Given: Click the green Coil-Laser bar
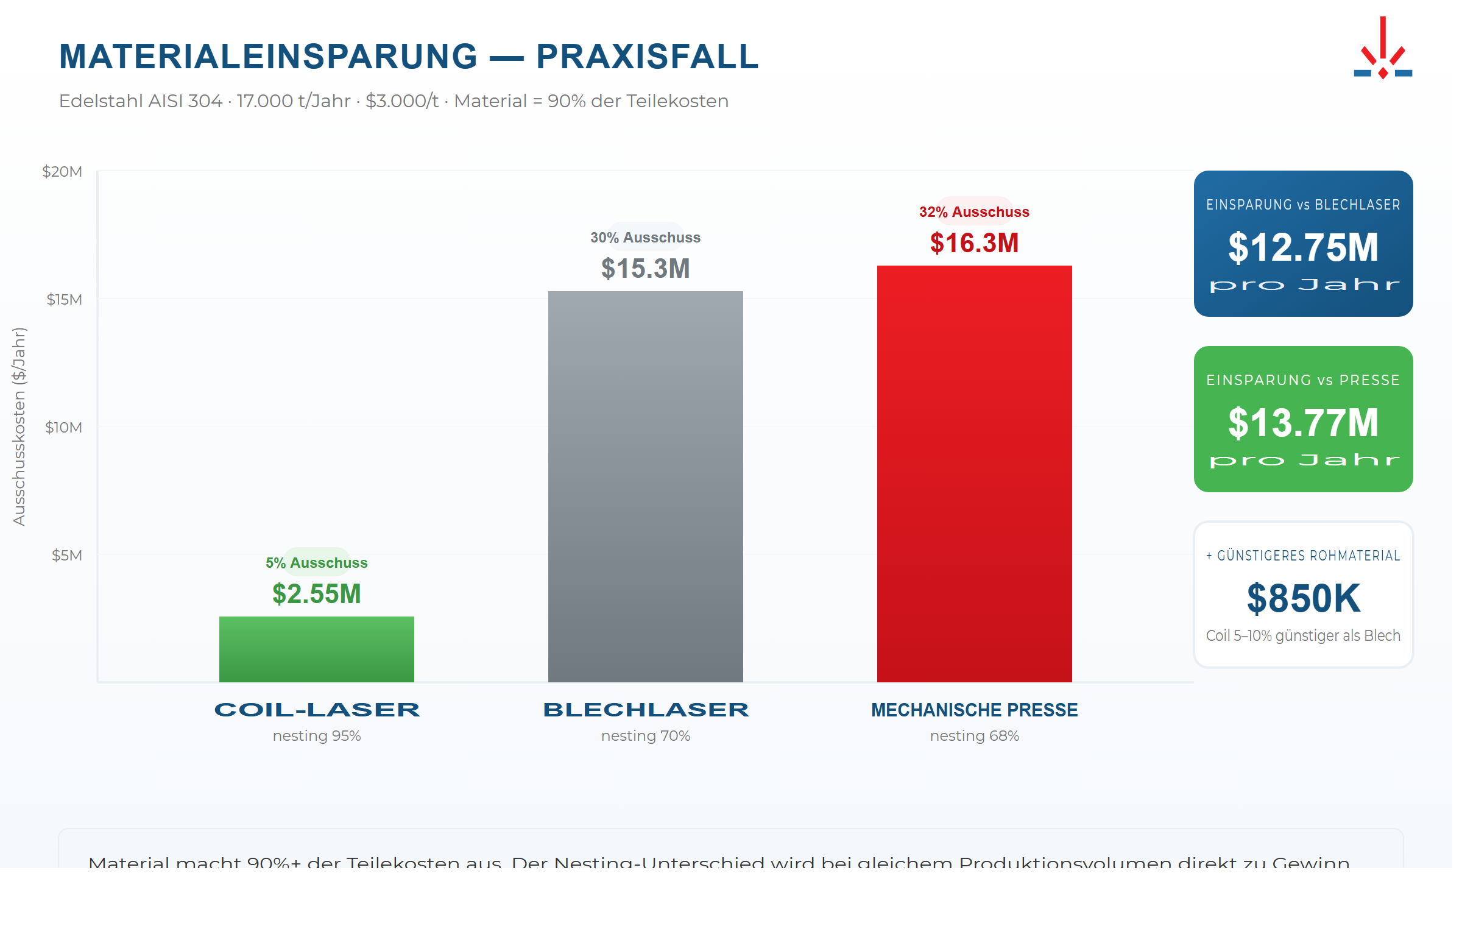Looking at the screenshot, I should (x=316, y=649).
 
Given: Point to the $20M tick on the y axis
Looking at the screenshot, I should (x=62, y=172).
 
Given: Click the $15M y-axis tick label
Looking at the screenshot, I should (x=64, y=300).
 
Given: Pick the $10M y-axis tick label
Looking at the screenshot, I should (x=63, y=428).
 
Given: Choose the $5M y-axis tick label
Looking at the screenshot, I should (x=66, y=556).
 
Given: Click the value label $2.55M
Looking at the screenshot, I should (x=316, y=594).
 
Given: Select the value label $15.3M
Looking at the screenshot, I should (x=645, y=269).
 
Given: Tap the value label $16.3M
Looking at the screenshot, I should (x=974, y=243).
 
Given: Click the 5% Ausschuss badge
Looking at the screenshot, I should (x=316, y=562).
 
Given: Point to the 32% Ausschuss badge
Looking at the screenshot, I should (x=974, y=211).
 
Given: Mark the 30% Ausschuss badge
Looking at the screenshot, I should (x=645, y=237).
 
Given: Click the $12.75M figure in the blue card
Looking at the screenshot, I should (x=1303, y=247).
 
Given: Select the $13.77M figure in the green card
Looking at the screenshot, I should (x=1303, y=423).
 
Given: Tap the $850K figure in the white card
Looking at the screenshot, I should (x=1303, y=598).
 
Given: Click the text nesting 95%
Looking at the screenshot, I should (x=316, y=736).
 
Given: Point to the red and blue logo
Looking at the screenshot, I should (x=1382, y=49).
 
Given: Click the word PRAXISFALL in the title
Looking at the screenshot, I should (x=647, y=57).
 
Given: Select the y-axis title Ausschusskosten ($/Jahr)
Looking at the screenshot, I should (x=19, y=426).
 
